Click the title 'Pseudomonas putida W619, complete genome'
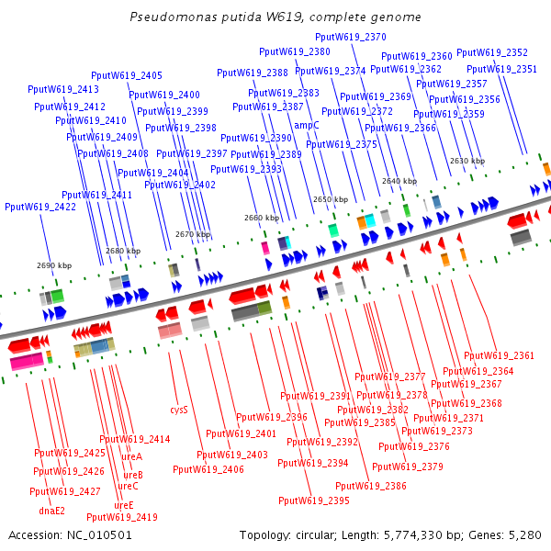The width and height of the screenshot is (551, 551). pos(275,17)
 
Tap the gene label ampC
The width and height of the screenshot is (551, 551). pos(307,126)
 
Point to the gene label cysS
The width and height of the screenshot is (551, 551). pos(179,410)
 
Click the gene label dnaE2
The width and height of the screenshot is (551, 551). pos(52,511)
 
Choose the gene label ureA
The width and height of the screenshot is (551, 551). pos(132,456)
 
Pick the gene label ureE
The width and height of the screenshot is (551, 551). pos(124,505)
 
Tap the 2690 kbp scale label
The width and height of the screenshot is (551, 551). pos(54,265)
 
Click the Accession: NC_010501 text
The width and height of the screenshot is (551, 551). pos(70,534)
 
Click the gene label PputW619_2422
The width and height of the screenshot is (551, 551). pos(40,207)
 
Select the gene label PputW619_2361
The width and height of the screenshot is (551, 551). pos(499,355)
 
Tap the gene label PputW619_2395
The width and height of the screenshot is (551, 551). pos(314,500)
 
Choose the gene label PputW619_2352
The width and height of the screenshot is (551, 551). pos(492,52)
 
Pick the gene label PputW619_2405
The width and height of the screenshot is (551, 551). pos(127,75)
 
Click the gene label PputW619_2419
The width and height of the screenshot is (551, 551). pos(122,517)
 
